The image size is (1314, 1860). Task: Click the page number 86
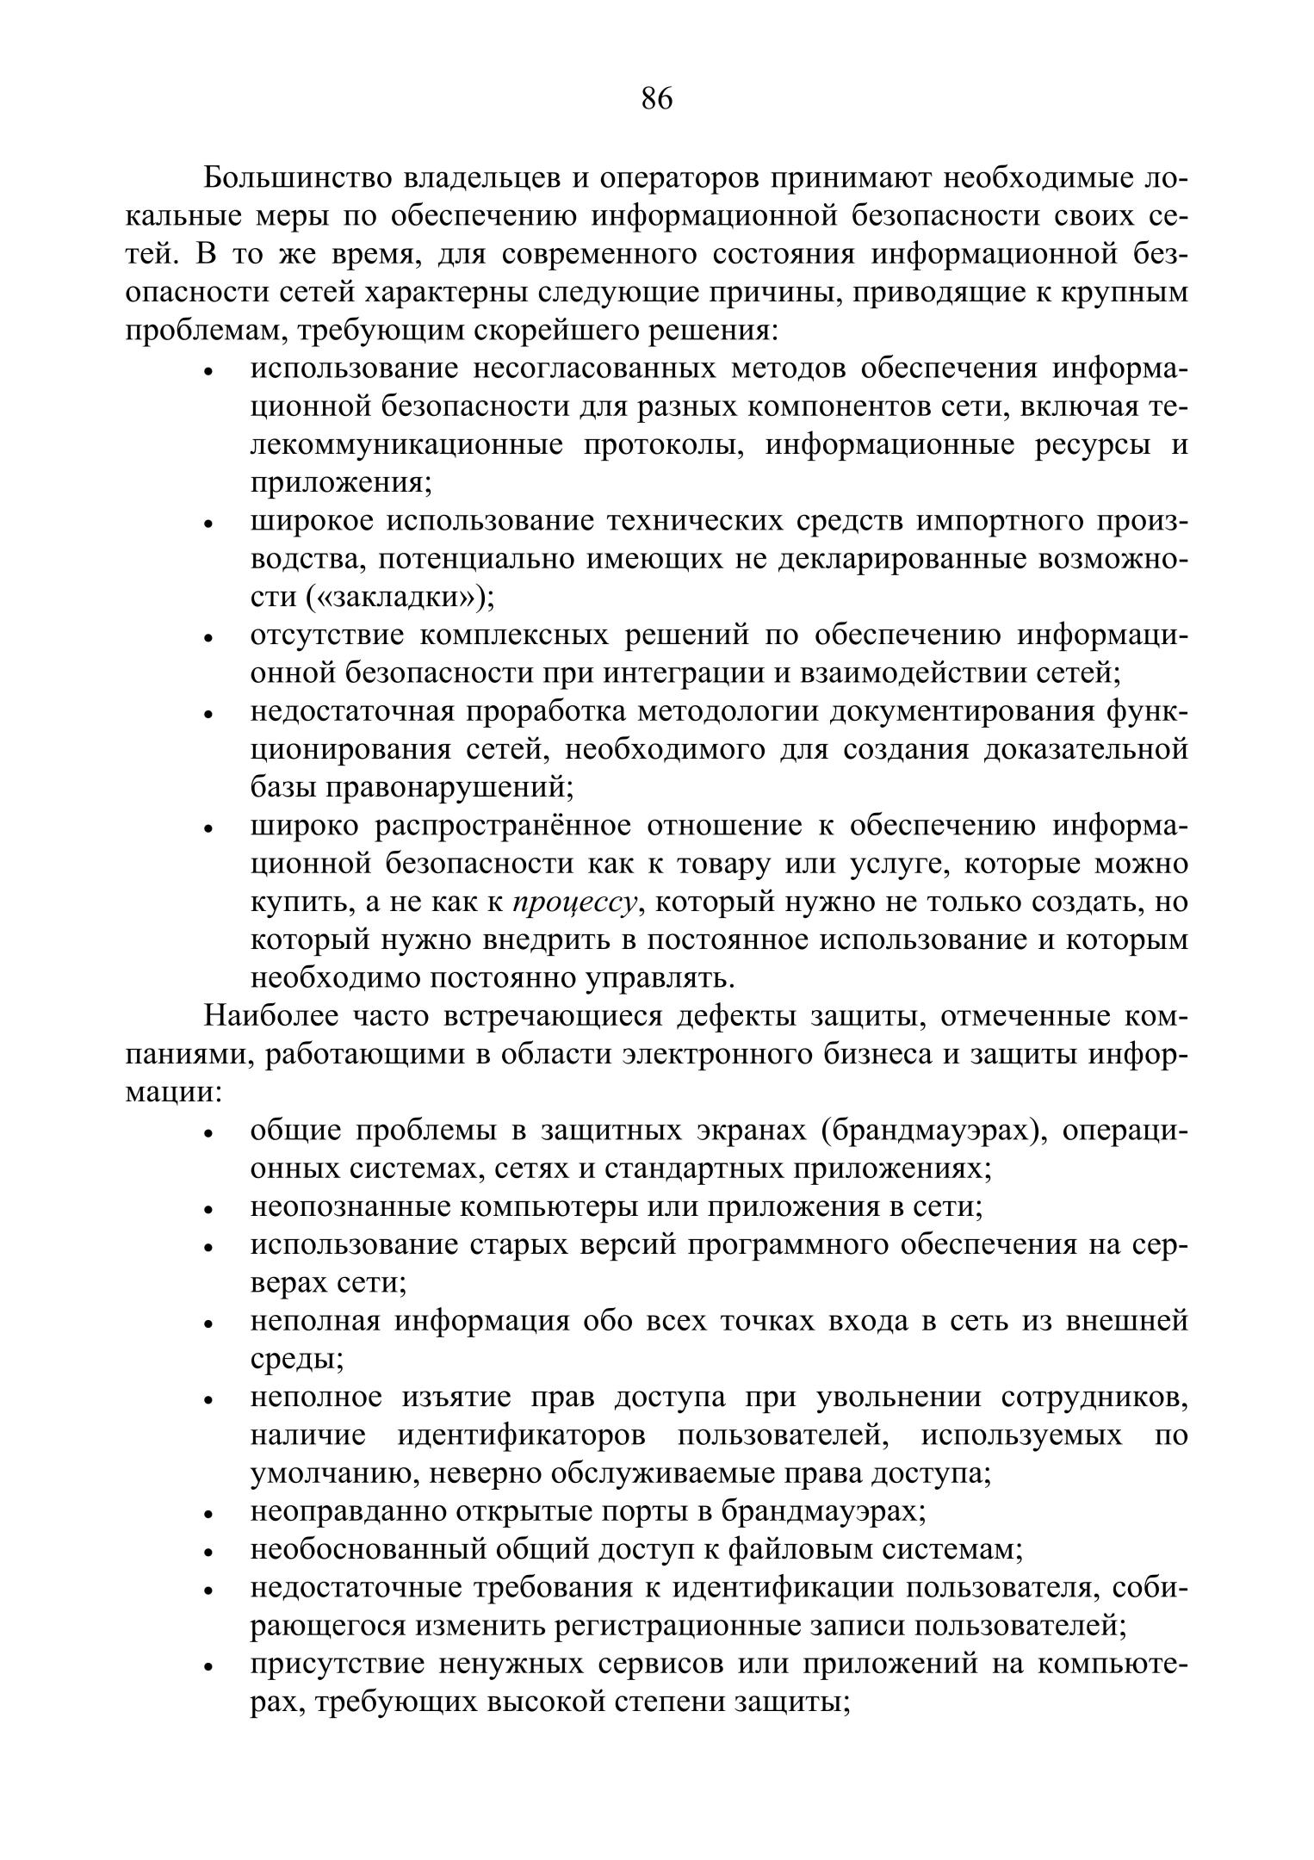coord(656,100)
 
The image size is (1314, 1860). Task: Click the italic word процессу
coord(574,902)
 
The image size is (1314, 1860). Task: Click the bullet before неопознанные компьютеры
coord(208,1210)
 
